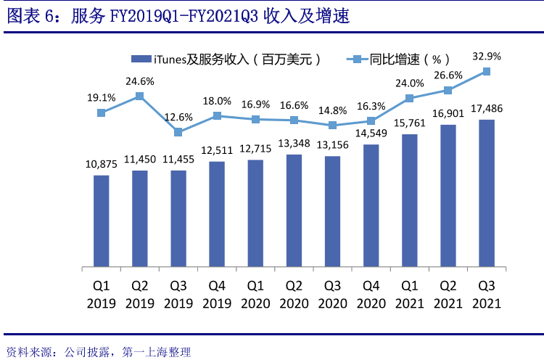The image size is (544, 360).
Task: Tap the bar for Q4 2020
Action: pyautogui.click(x=371, y=206)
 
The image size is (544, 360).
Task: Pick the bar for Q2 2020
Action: pyautogui.click(x=294, y=211)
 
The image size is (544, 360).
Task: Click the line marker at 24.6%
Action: pyautogui.click(x=139, y=96)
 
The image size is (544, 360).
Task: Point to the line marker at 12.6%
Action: pyautogui.click(x=178, y=132)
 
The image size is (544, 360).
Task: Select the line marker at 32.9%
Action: pyautogui.click(x=487, y=71)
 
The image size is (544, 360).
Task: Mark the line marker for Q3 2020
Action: pyautogui.click(x=332, y=125)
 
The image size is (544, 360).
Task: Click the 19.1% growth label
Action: pyautogui.click(x=102, y=97)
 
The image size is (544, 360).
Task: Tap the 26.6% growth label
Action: pyautogui.click(x=448, y=75)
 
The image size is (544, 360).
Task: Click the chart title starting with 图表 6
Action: pyautogui.click(x=178, y=17)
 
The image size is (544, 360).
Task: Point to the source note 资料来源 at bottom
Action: pyautogui.click(x=98, y=352)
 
